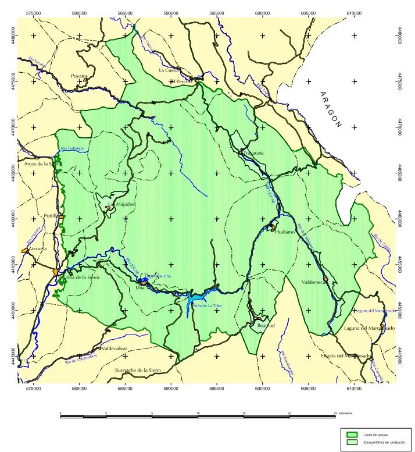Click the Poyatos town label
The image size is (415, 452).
(x=79, y=76)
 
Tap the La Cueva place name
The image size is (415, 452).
(x=169, y=70)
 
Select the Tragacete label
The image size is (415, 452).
(x=251, y=153)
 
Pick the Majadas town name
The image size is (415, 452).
(x=125, y=205)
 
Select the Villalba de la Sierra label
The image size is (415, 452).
(x=81, y=277)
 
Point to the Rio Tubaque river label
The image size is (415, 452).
(x=72, y=148)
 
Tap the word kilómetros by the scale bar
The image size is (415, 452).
(x=346, y=412)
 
